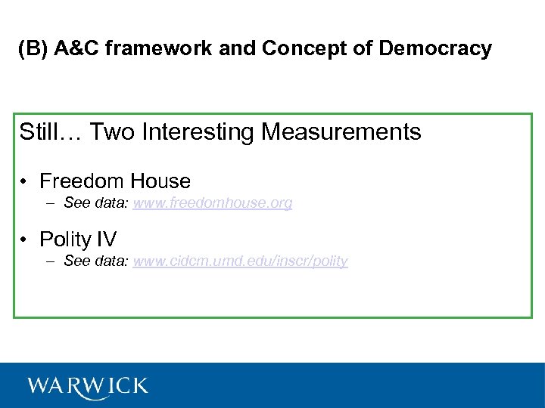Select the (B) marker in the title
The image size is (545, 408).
coord(33,49)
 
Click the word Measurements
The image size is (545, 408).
coord(341,132)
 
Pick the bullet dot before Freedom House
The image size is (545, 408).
coord(25,181)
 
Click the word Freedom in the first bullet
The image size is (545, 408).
coord(82,181)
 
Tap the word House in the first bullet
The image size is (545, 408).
coord(160,181)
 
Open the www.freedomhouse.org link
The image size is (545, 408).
coord(213,203)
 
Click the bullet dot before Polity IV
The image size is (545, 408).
coord(25,240)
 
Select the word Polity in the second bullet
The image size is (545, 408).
coord(66,240)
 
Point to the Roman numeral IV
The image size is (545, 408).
coord(107,240)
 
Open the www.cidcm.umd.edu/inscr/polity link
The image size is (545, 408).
coord(240,261)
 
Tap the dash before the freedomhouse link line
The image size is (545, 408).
coord(50,203)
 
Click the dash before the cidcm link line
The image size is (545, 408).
coord(50,261)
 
